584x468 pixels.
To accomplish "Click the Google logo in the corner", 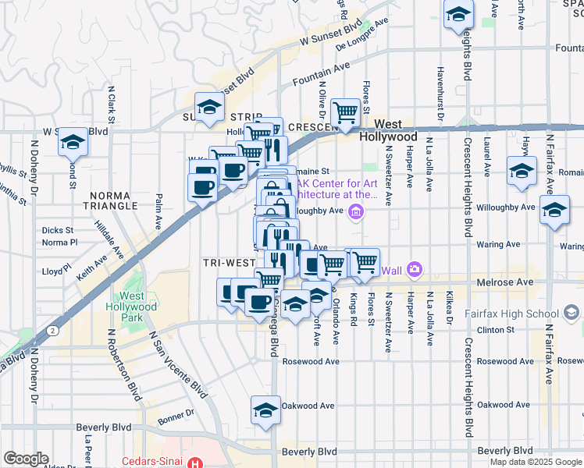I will (x=25, y=459).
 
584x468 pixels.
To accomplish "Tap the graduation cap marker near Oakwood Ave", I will (x=265, y=410).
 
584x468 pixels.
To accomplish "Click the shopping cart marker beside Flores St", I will (x=345, y=112).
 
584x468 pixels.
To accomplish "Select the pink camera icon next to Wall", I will (x=414, y=270).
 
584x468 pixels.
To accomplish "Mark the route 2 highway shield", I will (x=51, y=331).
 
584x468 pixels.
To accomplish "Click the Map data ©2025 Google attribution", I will (x=534, y=462).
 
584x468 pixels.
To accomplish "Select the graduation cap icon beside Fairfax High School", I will (x=572, y=314).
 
